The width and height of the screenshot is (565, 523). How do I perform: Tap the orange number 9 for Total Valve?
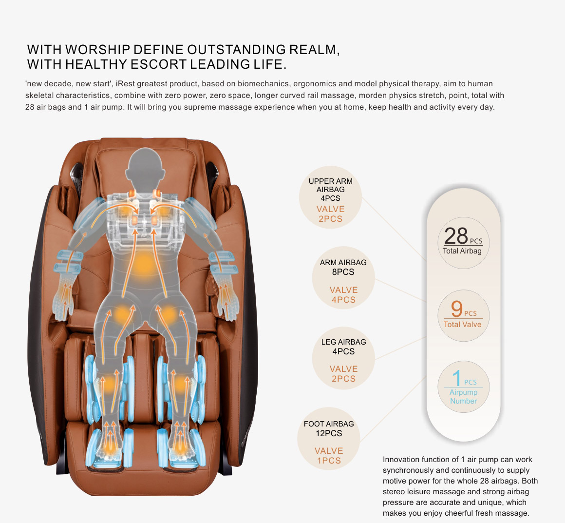click(456, 309)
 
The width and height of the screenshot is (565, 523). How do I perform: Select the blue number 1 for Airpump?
click(456, 378)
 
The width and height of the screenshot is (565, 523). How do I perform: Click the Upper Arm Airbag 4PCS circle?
click(330, 197)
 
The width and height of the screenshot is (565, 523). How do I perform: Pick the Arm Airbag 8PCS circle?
click(343, 278)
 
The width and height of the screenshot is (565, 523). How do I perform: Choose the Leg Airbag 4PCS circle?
click(343, 358)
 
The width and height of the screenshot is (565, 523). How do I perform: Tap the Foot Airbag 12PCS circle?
click(329, 439)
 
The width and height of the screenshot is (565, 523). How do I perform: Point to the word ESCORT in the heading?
click(158, 64)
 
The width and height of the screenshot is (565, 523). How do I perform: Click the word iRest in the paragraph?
click(125, 84)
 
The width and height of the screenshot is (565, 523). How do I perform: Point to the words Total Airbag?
click(462, 251)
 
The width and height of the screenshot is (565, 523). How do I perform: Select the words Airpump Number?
click(463, 396)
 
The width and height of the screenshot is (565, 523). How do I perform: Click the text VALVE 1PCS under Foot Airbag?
click(329, 456)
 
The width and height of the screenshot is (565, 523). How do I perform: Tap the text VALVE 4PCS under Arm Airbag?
click(344, 295)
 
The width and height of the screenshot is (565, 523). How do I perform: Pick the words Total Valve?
click(462, 324)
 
